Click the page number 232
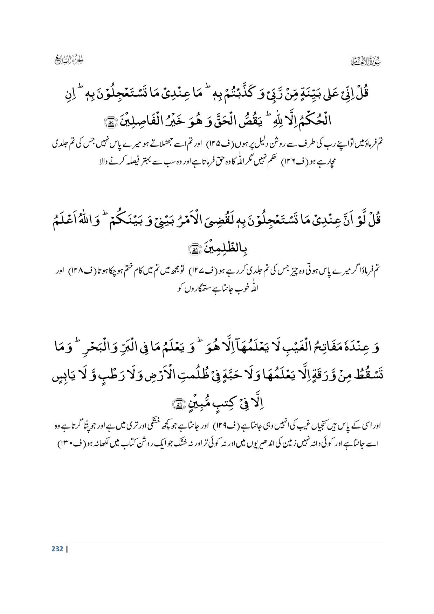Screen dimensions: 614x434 coord(57,549)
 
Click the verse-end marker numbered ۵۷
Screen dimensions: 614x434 coord(111,122)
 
